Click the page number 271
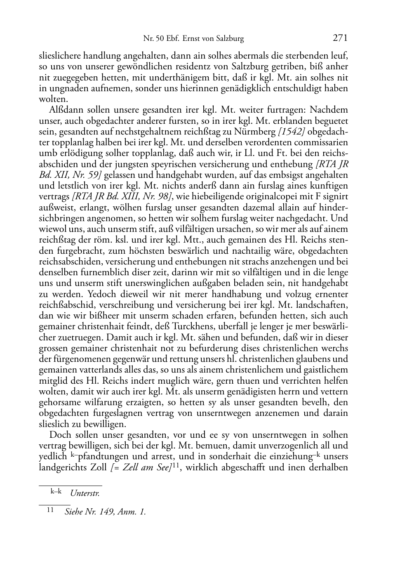tap(340, 38)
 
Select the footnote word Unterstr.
tap(85, 493)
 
